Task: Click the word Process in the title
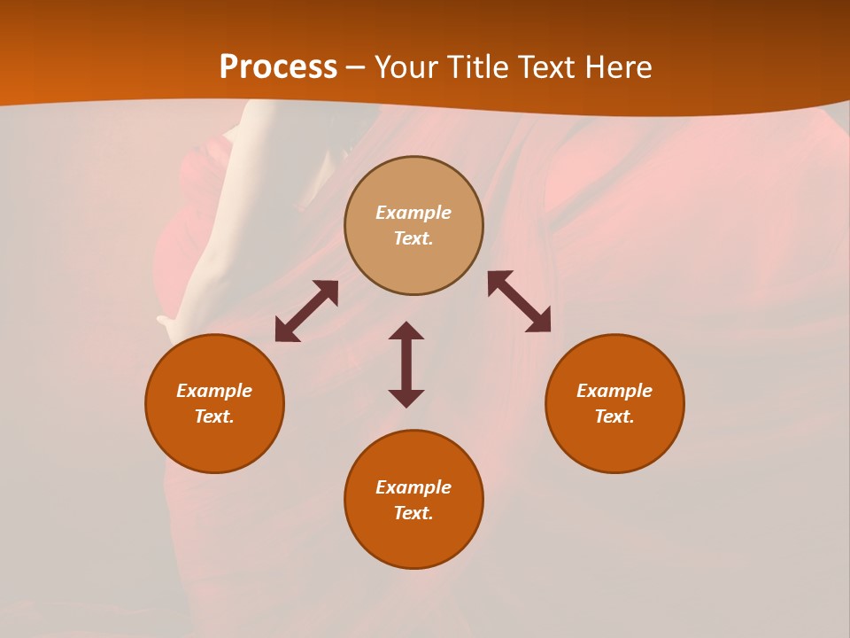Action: click(278, 67)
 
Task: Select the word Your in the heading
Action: click(408, 67)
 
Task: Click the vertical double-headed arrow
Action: click(406, 364)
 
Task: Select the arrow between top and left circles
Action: click(306, 311)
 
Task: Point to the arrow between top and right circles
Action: click(520, 301)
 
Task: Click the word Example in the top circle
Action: click(413, 213)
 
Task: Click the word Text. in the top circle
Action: click(413, 238)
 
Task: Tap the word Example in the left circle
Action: click(214, 391)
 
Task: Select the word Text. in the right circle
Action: click(614, 416)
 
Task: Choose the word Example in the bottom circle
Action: click(413, 487)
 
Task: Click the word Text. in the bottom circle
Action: click(413, 513)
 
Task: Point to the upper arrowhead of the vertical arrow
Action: click(406, 331)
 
